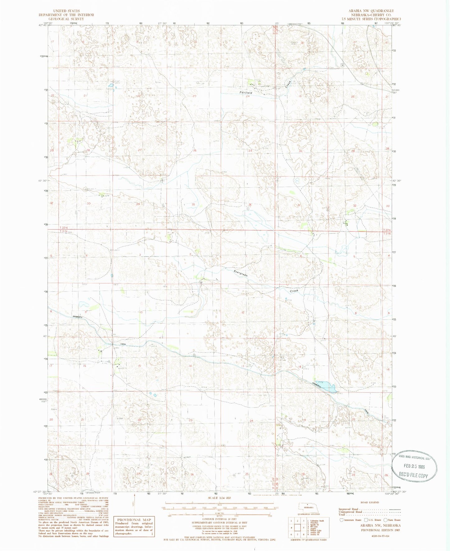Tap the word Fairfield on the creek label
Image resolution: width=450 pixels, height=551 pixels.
(x=246, y=93)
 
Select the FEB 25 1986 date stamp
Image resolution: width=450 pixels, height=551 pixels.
(x=412, y=467)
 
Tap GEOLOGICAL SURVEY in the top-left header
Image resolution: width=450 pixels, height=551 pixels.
(x=66, y=19)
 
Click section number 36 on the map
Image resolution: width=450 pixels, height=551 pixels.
(x=250, y=205)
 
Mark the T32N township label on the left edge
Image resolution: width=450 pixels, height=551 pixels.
(x=64, y=228)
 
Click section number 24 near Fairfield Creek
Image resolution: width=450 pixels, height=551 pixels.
(x=248, y=97)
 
